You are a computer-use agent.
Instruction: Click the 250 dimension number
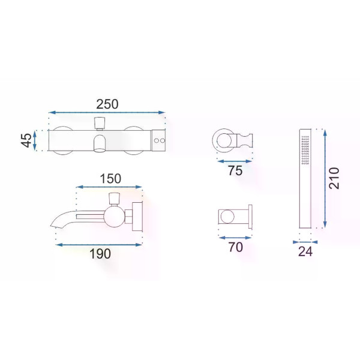(107, 104)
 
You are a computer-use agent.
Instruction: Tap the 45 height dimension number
(26, 140)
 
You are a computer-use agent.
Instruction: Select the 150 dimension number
(110, 179)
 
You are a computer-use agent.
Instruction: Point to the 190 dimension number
(100, 254)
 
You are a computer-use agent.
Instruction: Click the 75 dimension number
(235, 170)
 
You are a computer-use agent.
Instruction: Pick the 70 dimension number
(236, 247)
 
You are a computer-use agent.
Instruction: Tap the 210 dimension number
(334, 178)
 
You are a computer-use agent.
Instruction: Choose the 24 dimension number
(305, 251)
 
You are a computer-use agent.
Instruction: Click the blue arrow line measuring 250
(107, 113)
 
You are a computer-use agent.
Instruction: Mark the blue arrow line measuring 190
(99, 245)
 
